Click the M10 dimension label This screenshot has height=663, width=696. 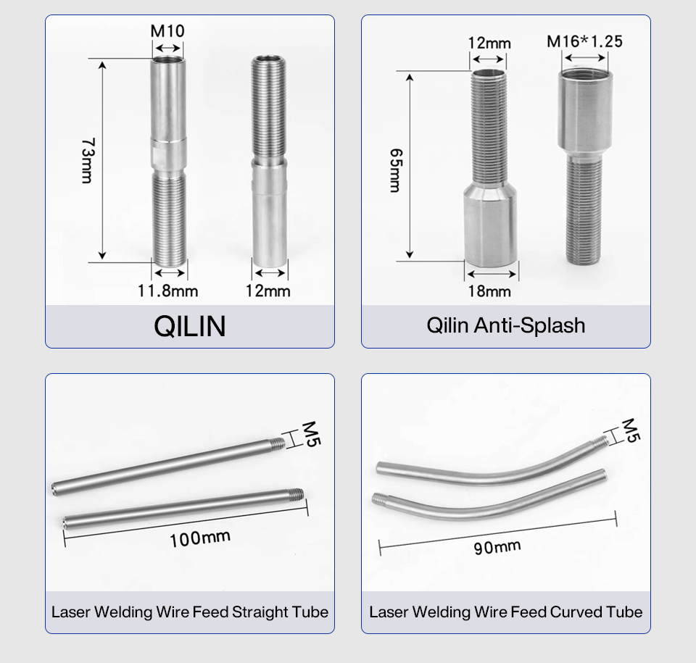pyautogui.click(x=167, y=31)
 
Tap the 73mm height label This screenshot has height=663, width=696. pyautogui.click(x=88, y=161)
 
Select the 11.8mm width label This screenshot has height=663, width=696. pyautogui.click(x=167, y=291)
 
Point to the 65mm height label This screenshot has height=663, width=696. pyautogui.click(x=396, y=170)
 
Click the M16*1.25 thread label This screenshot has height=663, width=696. pyautogui.click(x=584, y=41)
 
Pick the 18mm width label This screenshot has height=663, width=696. pyautogui.click(x=489, y=291)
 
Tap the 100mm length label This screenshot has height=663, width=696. pyautogui.click(x=200, y=539)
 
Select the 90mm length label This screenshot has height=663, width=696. pyautogui.click(x=497, y=547)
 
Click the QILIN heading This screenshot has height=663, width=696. pyautogui.click(x=189, y=326)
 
